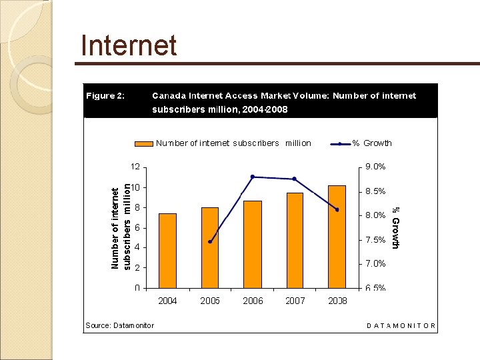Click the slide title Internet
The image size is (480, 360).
[x=129, y=46]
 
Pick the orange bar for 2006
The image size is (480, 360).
[x=253, y=244]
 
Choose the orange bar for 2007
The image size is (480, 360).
[x=295, y=240]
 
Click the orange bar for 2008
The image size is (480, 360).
[x=337, y=236]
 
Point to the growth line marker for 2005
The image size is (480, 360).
[x=210, y=242]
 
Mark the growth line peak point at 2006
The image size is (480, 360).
[x=253, y=177]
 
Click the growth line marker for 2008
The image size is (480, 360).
[x=337, y=209]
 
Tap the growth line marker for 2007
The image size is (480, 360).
[x=295, y=179]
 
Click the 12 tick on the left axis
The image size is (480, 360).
[x=135, y=167]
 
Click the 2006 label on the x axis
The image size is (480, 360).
[x=253, y=301]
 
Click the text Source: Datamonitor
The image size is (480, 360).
[x=120, y=325]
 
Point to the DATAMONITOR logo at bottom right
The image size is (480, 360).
[x=401, y=326]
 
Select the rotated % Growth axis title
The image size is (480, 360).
[x=395, y=227]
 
